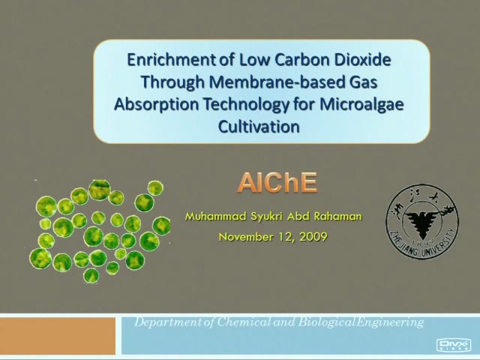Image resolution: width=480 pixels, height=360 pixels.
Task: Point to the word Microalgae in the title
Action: coord(361,105)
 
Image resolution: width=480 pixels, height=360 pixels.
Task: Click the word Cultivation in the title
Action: coord(259,127)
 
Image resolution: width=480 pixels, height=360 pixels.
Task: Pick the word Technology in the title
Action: coord(246,105)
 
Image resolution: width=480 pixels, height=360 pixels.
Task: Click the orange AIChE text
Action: coord(277,183)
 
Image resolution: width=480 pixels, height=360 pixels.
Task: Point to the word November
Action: coord(246,237)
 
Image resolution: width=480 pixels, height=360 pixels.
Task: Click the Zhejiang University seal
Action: coord(422,222)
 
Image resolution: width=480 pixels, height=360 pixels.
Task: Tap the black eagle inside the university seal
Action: coord(423,221)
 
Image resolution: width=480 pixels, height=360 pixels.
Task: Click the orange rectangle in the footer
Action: coord(58,336)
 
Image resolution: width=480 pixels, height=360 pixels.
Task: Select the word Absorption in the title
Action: coord(157,105)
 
